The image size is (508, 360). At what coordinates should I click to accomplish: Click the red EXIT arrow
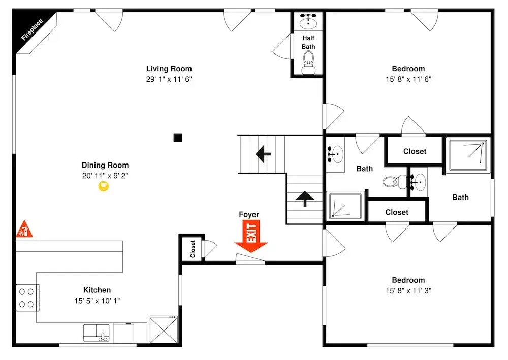tap(251, 236)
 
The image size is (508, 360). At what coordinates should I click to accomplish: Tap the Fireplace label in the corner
tap(31, 29)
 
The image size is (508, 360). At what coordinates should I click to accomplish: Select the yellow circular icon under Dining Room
tap(103, 186)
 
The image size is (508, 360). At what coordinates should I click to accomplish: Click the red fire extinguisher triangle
tap(24, 229)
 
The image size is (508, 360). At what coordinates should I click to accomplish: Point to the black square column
tap(177, 138)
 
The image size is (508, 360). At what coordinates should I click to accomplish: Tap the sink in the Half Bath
tap(308, 21)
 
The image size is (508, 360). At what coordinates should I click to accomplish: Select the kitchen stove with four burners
tap(27, 298)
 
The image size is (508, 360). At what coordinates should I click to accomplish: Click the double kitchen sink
tap(97, 333)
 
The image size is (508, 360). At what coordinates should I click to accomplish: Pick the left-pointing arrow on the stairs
tap(263, 154)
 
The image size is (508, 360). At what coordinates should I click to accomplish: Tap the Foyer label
tap(249, 214)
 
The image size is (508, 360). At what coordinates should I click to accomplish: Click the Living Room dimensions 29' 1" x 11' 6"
tap(169, 79)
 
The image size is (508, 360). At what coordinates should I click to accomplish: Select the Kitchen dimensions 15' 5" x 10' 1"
tap(97, 301)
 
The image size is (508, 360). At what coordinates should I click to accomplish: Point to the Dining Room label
tap(105, 165)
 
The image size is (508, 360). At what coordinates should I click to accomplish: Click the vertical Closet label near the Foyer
tap(193, 249)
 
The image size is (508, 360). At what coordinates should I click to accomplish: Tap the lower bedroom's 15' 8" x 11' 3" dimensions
tap(408, 291)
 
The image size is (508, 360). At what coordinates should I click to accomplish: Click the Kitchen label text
tap(97, 290)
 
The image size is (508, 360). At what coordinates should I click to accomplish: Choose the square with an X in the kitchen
tap(164, 330)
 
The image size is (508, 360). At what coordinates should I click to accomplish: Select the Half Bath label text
tap(308, 43)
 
